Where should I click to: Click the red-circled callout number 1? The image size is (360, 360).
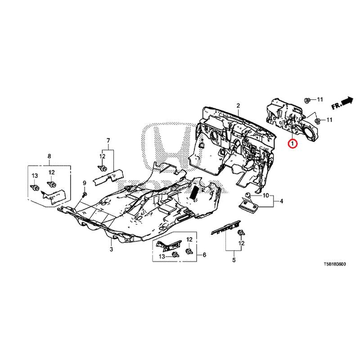tap(292, 144)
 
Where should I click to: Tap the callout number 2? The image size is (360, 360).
tap(238, 106)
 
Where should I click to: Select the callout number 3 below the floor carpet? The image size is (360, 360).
tap(111, 249)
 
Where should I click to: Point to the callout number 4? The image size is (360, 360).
tap(282, 201)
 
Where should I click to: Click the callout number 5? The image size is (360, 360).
tap(234, 260)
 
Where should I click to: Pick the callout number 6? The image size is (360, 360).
tap(204, 255)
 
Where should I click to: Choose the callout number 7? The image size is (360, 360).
tap(108, 140)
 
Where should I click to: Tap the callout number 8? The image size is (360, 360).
tap(49, 156)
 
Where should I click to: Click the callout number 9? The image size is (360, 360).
tap(84, 183)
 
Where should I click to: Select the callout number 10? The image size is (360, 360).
tap(265, 196)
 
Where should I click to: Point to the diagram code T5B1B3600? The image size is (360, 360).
tap(335, 264)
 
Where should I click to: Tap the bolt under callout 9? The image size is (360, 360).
tap(84, 195)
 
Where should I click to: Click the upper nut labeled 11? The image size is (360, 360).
tap(307, 100)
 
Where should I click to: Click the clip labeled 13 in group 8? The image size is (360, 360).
tap(35, 187)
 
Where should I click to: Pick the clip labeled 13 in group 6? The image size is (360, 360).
tap(175, 254)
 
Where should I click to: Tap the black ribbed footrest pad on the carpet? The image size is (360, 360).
tap(194, 193)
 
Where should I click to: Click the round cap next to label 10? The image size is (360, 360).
tap(248, 195)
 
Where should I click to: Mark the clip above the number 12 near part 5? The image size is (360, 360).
tap(241, 233)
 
